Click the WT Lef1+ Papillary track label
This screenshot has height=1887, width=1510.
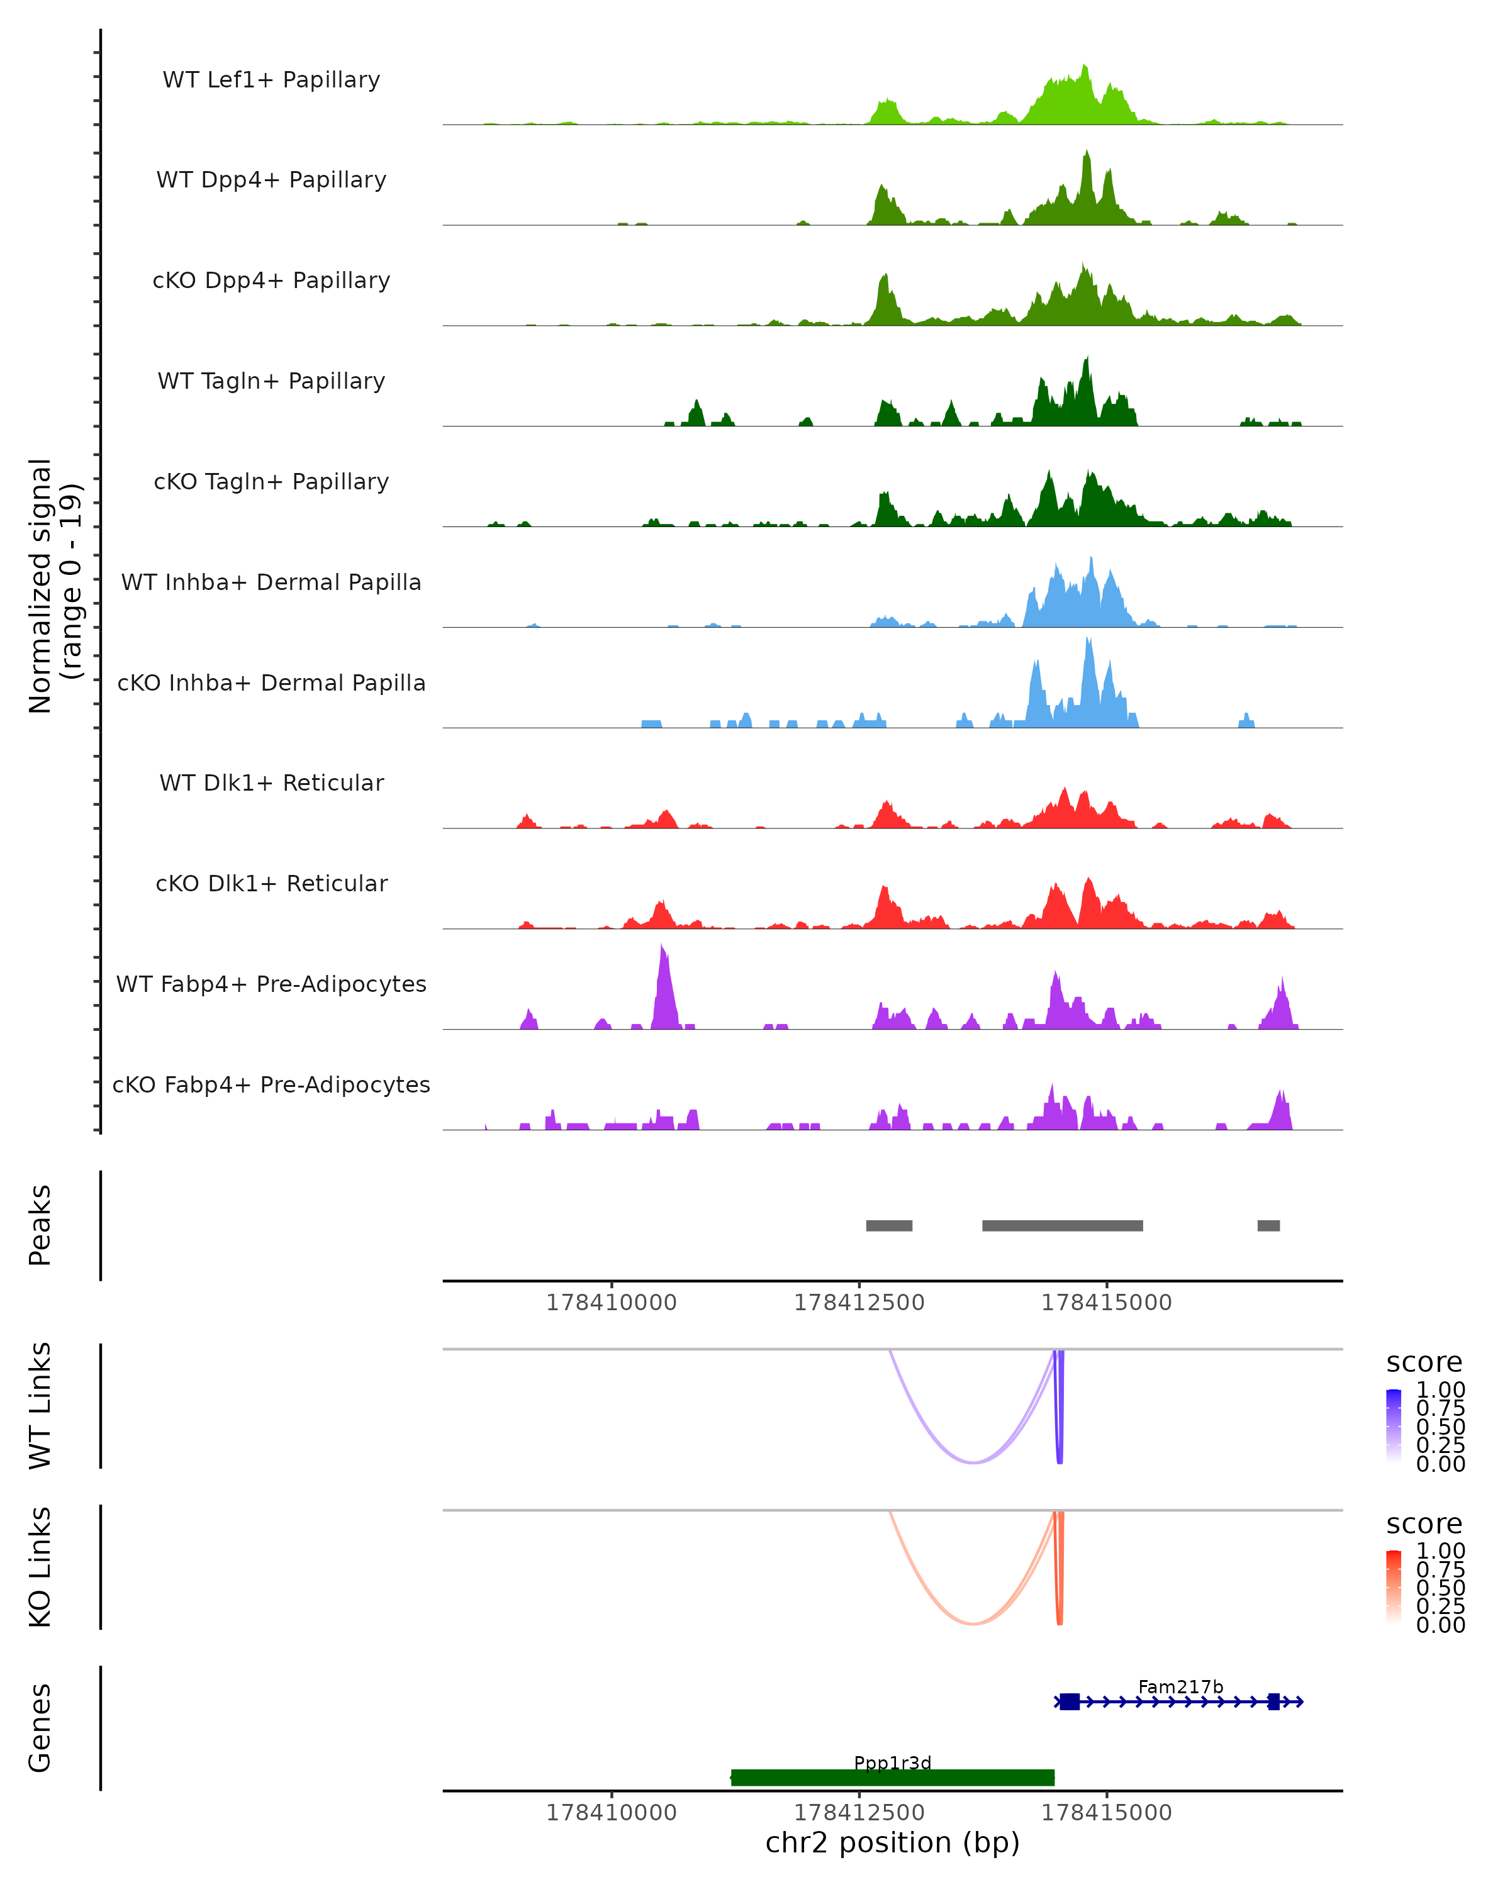271,80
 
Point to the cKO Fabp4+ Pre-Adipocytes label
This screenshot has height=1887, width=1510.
271,1084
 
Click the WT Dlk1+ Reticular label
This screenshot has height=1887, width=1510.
271,782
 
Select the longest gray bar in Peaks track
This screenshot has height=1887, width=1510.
1062,1225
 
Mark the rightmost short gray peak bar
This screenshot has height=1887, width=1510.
1268,1225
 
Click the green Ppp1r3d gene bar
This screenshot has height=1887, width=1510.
892,1777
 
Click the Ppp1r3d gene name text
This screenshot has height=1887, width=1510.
892,1762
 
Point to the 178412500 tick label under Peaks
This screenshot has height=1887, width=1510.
859,1303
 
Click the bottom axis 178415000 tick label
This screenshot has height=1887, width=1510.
1107,1813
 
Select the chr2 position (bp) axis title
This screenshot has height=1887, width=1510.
892,1843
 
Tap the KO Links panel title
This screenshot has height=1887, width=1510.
40,1567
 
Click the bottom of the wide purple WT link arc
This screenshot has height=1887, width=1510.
973,1462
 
